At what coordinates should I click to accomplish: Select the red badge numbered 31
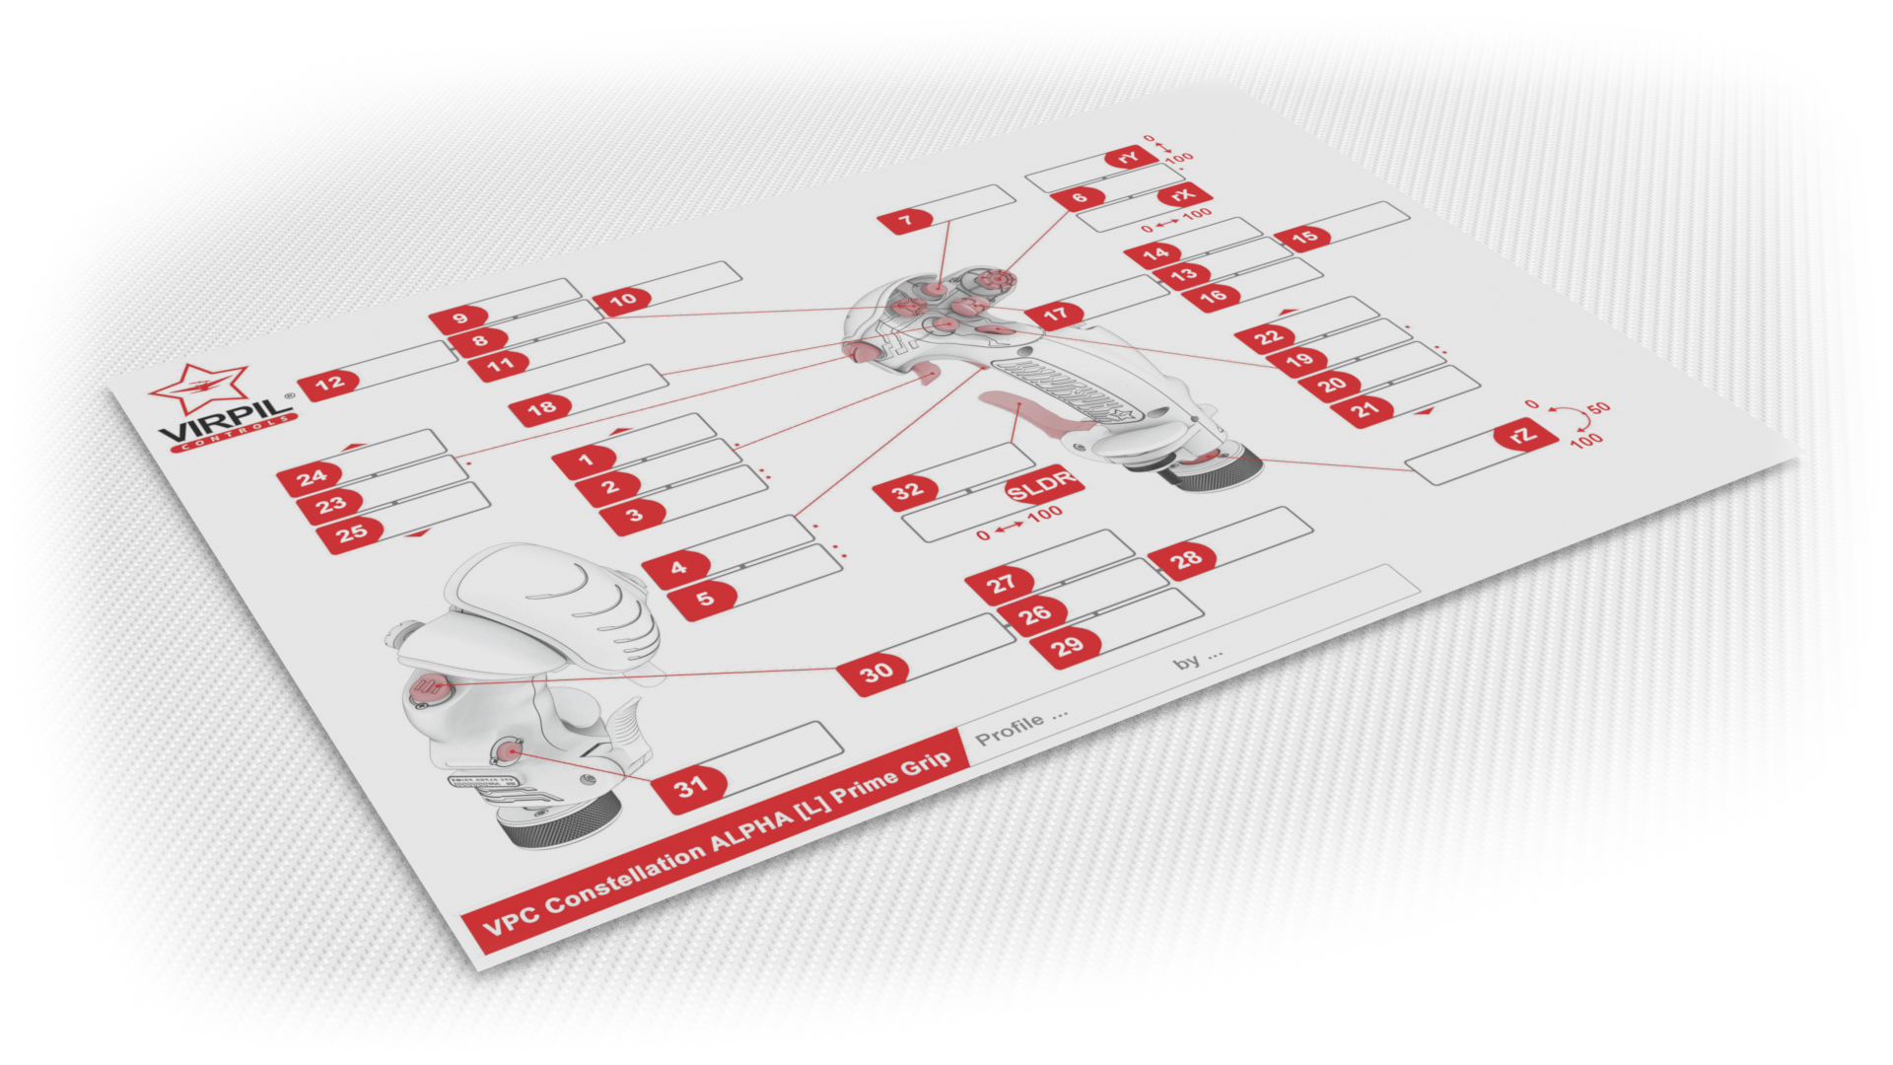tap(691, 787)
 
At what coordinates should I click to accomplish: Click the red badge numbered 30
tap(876, 673)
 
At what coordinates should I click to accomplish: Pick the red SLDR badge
tap(1042, 484)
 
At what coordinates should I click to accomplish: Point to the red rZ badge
tap(1524, 435)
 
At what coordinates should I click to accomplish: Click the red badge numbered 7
tap(906, 220)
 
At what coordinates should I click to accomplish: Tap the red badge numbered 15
tap(1303, 237)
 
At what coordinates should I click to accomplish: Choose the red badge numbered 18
tap(541, 408)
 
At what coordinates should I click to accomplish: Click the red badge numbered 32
tap(907, 490)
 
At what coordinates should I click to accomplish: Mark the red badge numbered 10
tap(623, 300)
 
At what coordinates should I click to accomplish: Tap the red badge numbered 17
tap(1055, 315)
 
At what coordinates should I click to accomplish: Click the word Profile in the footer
tap(1009, 729)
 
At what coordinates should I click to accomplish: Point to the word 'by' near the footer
tap(1187, 663)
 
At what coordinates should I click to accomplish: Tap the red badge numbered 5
tap(704, 599)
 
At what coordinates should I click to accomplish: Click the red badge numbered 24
tap(312, 478)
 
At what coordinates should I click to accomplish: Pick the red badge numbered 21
tap(1365, 409)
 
